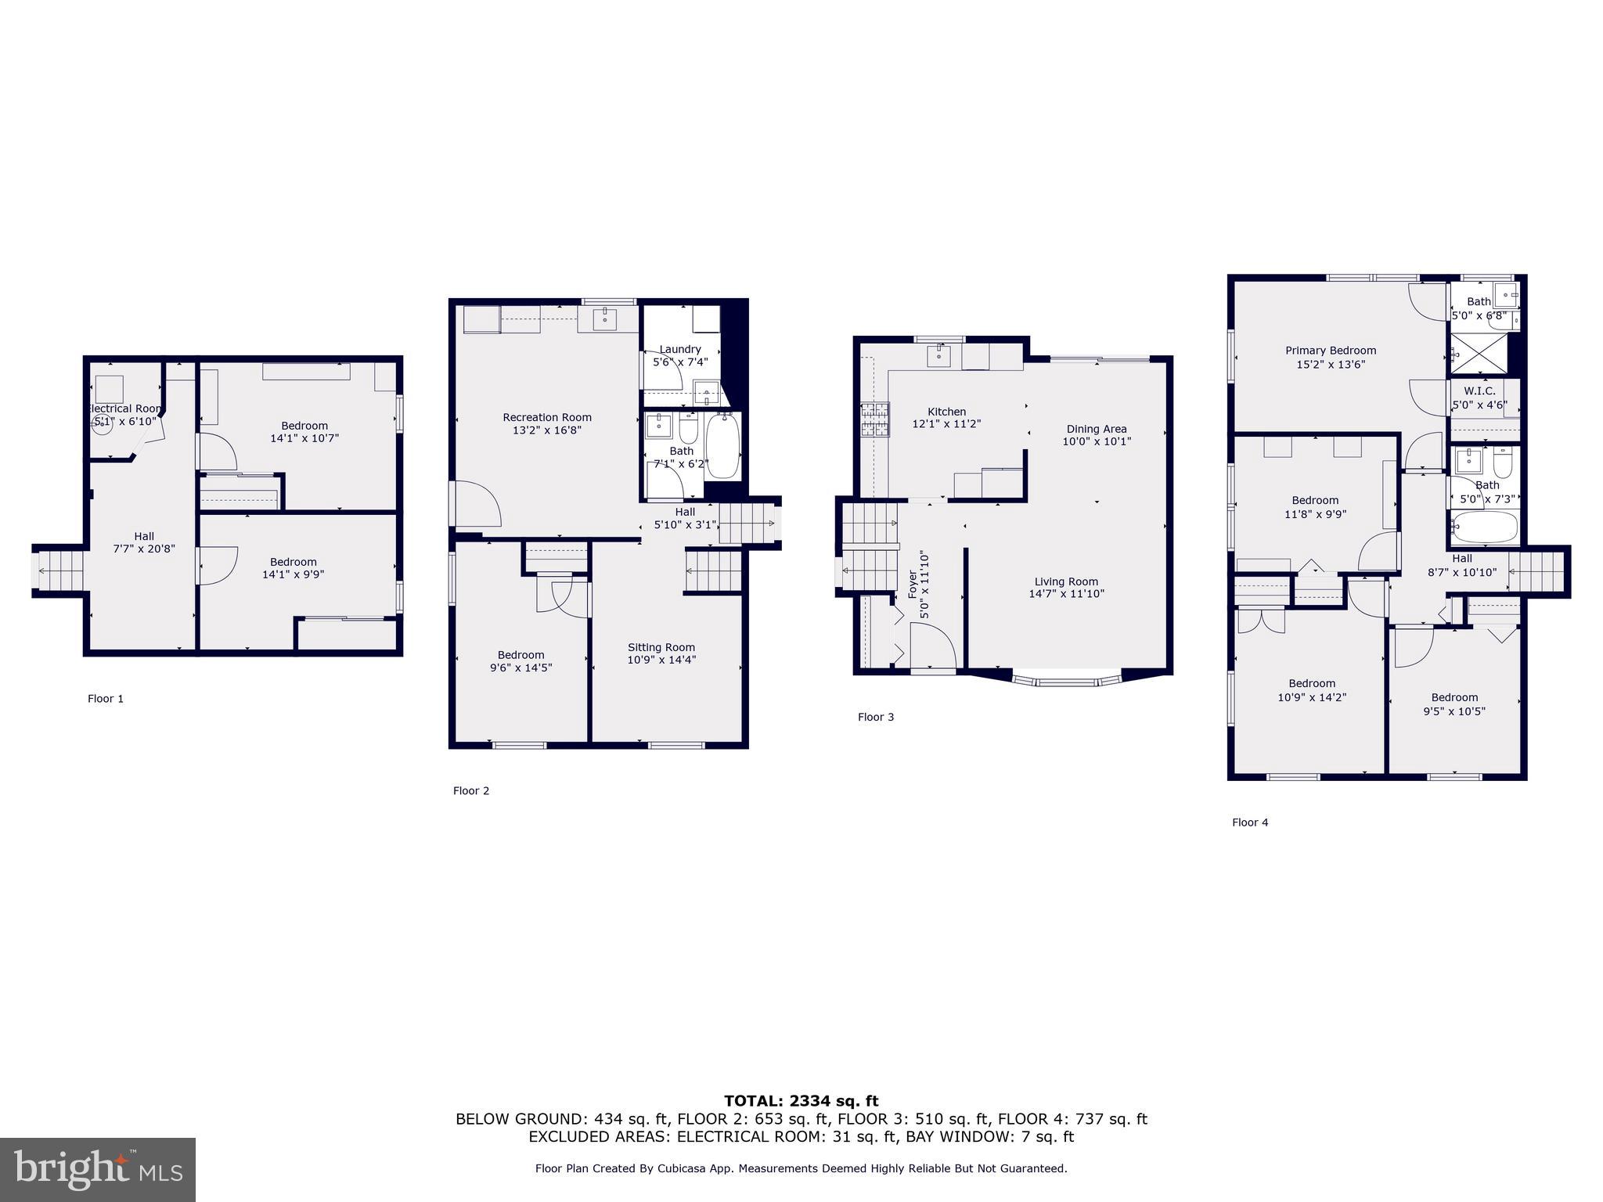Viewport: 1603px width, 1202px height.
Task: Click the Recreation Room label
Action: (547, 417)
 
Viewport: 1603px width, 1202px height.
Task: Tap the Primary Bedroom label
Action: (1331, 351)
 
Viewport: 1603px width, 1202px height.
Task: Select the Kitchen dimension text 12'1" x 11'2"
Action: (946, 424)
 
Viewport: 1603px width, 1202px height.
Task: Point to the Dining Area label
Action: (1097, 429)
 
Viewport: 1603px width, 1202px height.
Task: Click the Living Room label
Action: (1066, 581)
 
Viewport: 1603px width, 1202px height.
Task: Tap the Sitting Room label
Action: (661, 647)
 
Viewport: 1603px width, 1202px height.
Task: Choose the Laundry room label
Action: (680, 349)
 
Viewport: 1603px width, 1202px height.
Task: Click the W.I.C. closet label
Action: (1479, 391)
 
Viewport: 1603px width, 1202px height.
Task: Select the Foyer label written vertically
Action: (913, 585)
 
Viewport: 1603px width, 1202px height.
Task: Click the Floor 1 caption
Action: (106, 699)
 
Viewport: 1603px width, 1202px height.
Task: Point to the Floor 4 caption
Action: (1250, 822)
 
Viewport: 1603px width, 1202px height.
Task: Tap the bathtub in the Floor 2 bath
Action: (722, 446)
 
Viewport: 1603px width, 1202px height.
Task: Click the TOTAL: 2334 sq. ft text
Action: (801, 1101)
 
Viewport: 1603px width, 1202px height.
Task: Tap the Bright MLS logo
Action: (98, 1169)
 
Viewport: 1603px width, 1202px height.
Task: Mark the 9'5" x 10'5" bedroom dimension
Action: (1454, 711)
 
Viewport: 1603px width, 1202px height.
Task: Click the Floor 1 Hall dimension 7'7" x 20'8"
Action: (144, 549)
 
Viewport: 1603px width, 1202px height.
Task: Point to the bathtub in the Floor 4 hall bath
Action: (1485, 527)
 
